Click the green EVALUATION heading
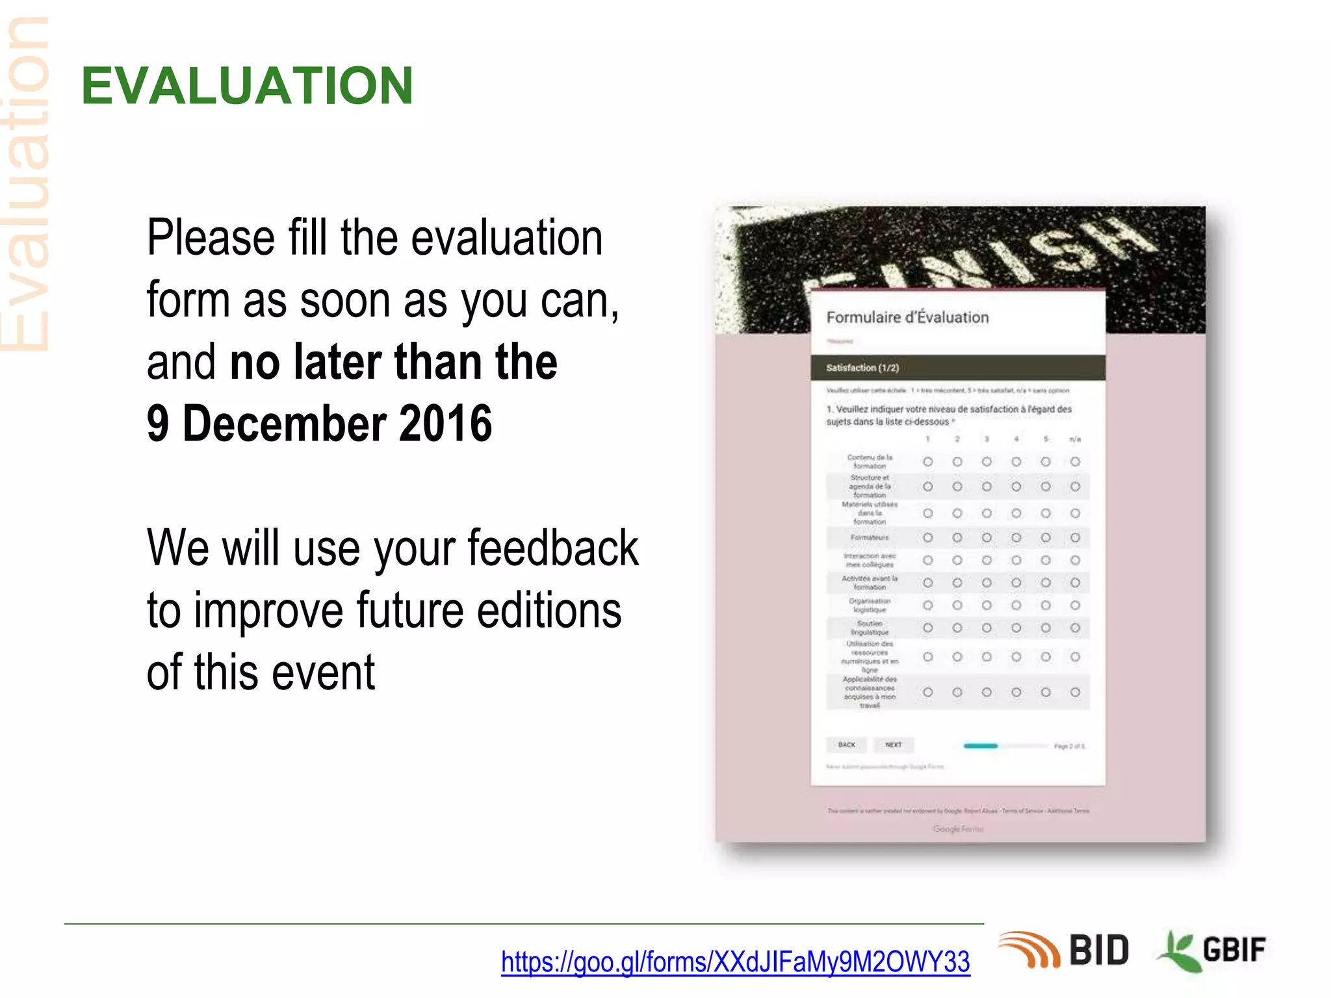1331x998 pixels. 247,86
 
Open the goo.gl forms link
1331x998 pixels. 735,962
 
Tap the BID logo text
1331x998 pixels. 1098,951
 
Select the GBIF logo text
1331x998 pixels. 1234,951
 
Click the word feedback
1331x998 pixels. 553,548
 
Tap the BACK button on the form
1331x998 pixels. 846,745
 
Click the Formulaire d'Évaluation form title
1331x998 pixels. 907,318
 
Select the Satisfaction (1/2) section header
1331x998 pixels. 862,368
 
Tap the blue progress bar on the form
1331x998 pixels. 980,746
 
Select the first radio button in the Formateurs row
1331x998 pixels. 927,537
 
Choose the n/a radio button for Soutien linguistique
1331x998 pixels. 1075,628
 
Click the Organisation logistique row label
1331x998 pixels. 870,605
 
